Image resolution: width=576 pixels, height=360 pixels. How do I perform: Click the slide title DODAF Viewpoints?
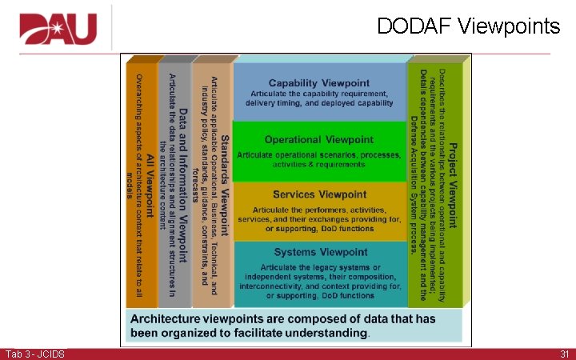(x=469, y=26)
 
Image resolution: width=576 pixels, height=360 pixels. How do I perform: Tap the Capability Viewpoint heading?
(x=318, y=83)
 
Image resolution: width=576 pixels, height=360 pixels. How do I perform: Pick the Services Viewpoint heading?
(x=319, y=195)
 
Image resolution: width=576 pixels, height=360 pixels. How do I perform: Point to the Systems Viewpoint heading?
(x=320, y=252)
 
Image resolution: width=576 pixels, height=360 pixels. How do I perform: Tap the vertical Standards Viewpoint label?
(x=226, y=181)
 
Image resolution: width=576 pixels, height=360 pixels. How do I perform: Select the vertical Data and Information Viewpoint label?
(x=184, y=184)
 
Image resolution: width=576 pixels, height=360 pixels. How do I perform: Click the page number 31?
(x=564, y=354)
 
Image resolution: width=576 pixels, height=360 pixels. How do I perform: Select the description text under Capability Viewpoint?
(x=319, y=98)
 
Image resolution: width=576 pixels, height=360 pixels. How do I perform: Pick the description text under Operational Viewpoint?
(x=319, y=158)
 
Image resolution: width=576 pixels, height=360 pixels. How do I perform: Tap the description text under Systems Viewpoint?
(x=319, y=281)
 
